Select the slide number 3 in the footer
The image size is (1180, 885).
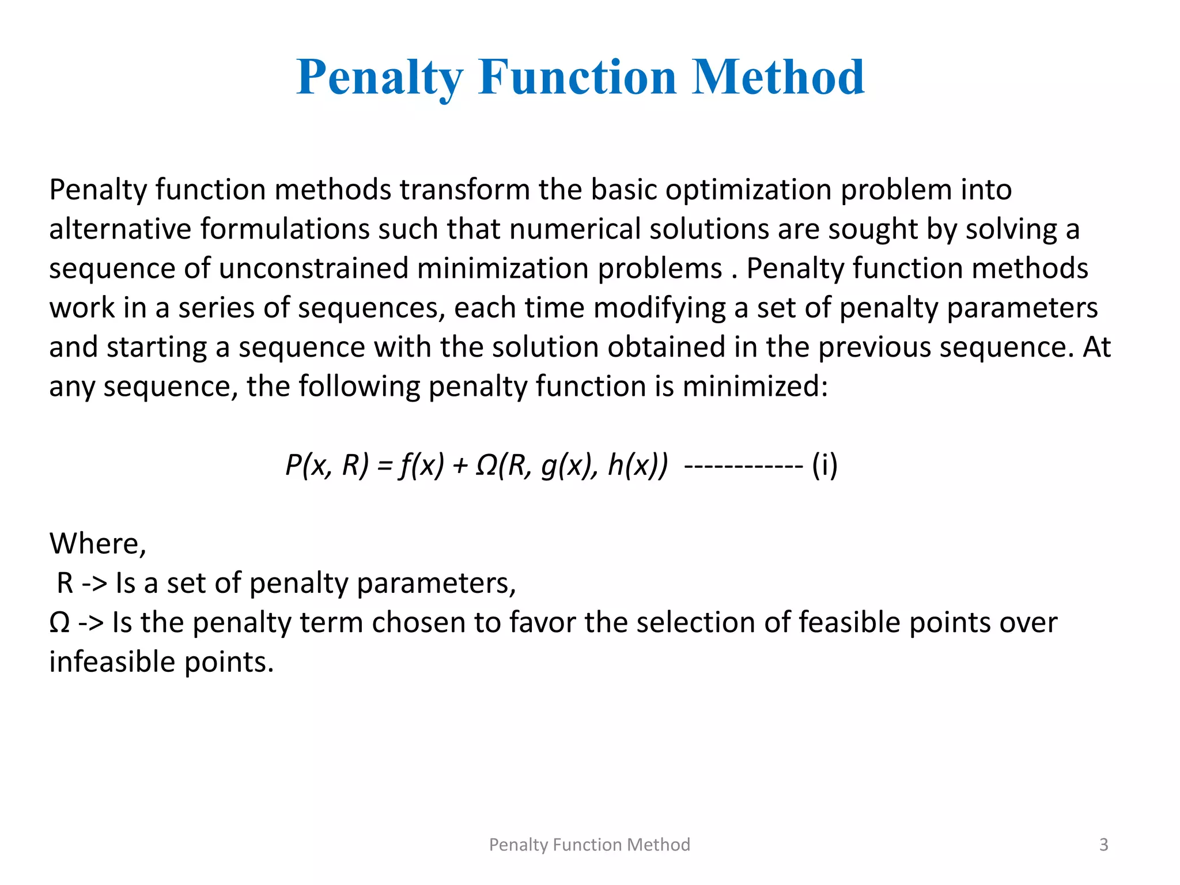point(1103,845)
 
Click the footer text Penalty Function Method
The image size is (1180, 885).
point(589,845)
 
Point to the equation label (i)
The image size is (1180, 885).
point(825,465)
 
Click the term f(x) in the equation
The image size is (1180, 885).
point(422,465)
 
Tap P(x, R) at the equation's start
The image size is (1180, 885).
point(327,465)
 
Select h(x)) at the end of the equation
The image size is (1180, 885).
point(638,465)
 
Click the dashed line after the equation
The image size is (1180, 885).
point(743,465)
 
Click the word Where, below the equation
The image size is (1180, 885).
point(98,543)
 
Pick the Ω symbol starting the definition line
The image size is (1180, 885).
point(59,622)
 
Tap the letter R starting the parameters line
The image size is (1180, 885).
point(65,583)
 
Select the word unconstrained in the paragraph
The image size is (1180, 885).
point(314,268)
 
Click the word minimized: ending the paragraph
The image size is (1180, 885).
point(755,386)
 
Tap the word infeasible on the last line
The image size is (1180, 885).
point(112,661)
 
